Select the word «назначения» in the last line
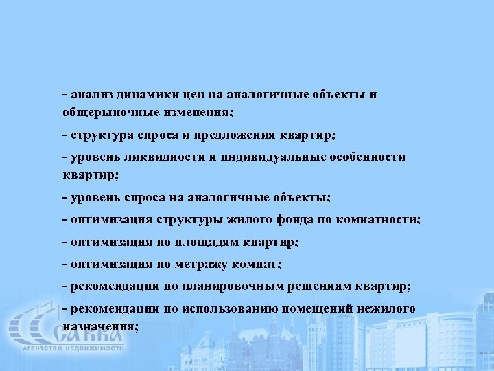(99, 326)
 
